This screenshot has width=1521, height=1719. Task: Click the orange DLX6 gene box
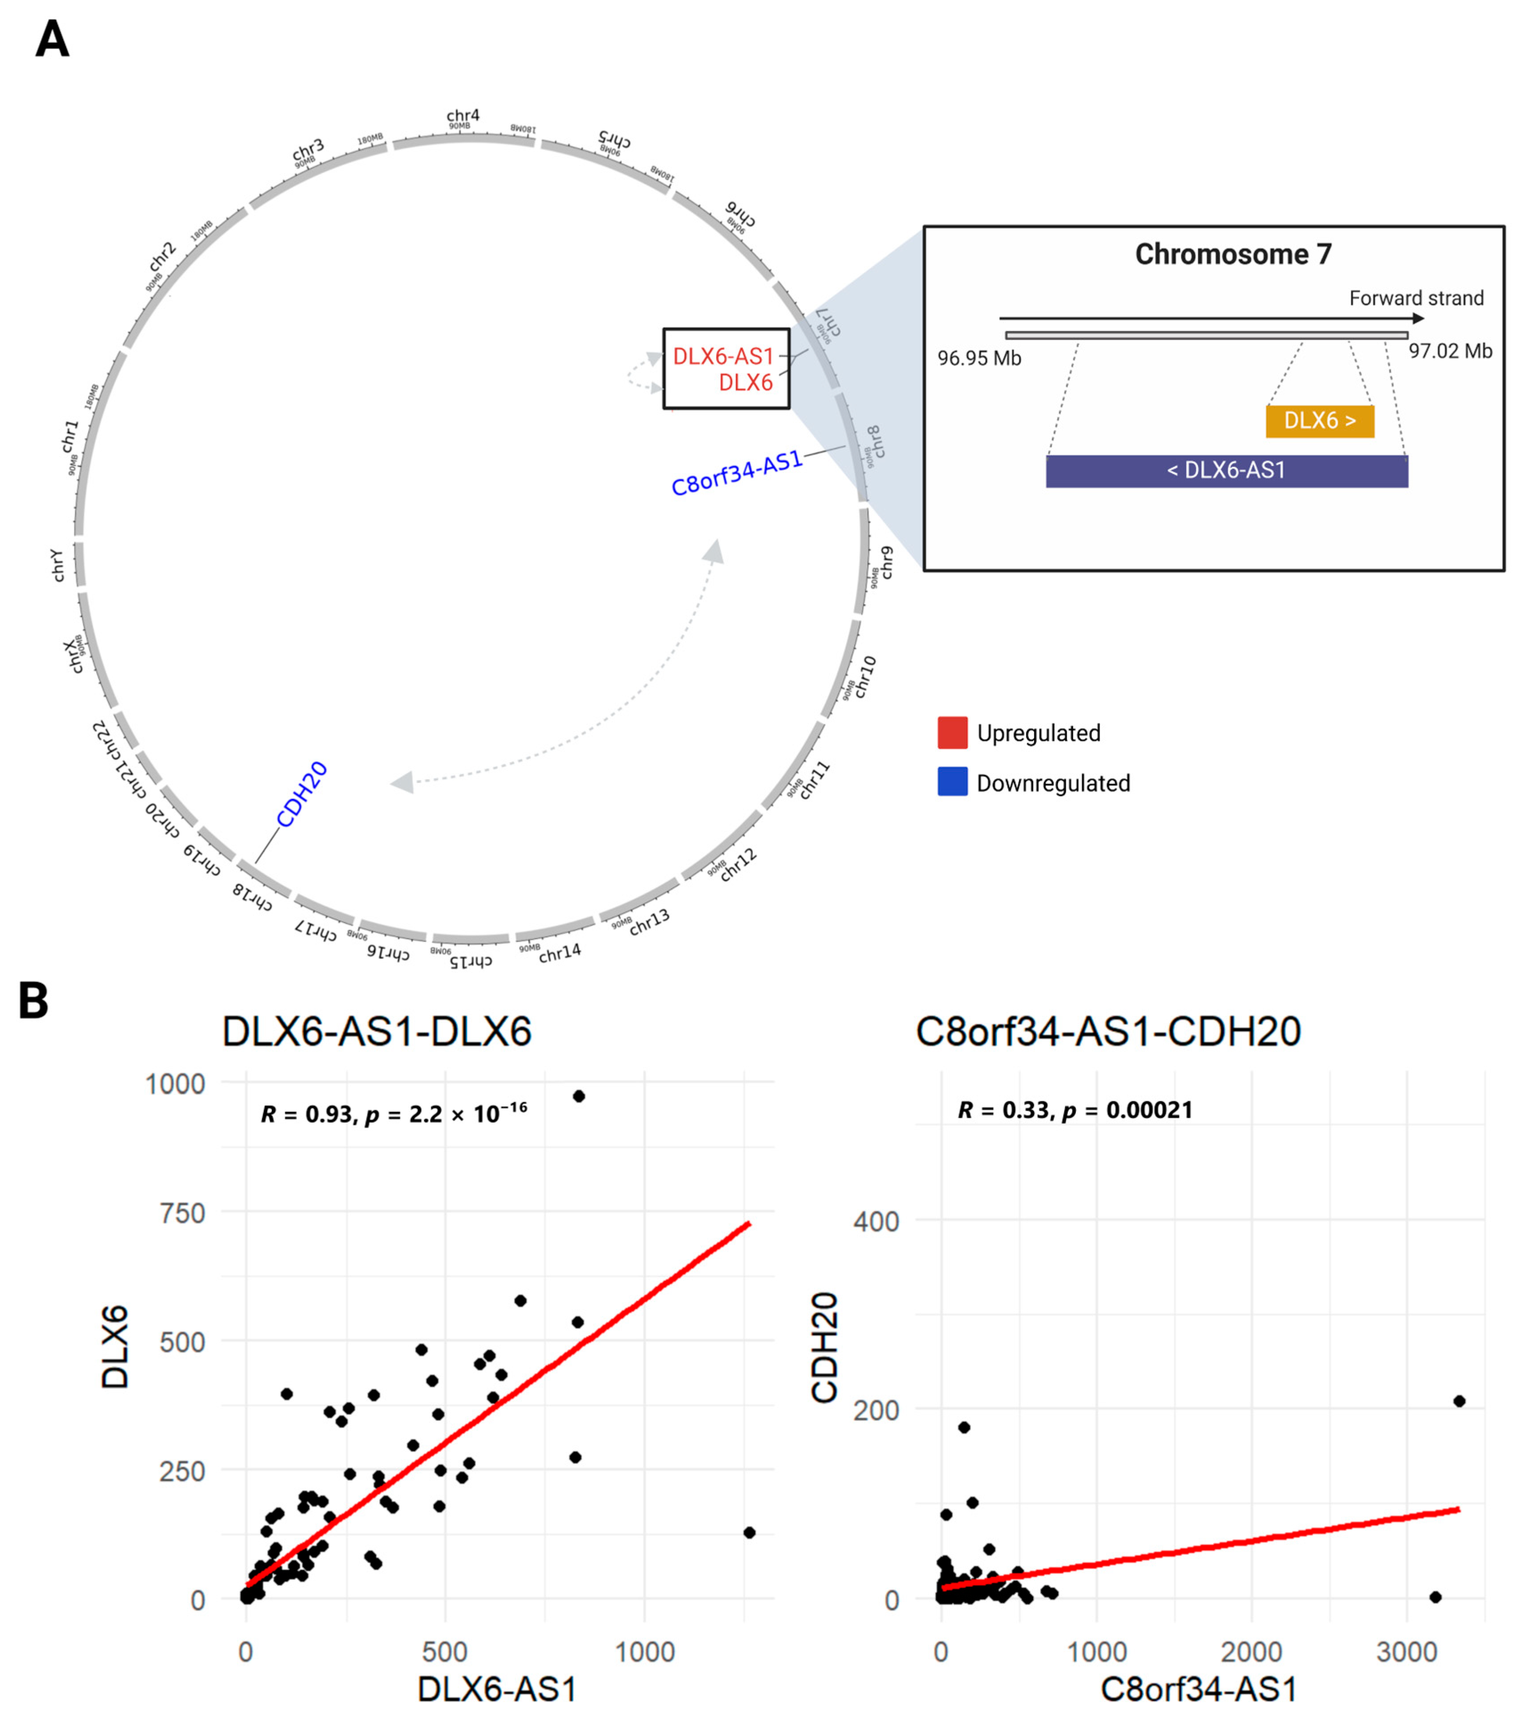(1319, 421)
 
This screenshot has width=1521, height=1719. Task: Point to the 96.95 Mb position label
(979, 358)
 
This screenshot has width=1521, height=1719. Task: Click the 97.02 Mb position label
(1450, 351)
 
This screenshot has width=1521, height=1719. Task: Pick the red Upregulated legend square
(952, 732)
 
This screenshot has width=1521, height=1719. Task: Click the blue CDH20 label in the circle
(302, 795)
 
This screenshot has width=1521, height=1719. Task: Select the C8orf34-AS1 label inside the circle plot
(737, 473)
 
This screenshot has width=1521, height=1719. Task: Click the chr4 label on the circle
(462, 115)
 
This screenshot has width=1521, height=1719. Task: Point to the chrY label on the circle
(57, 565)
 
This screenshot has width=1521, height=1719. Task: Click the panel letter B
(34, 1001)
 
